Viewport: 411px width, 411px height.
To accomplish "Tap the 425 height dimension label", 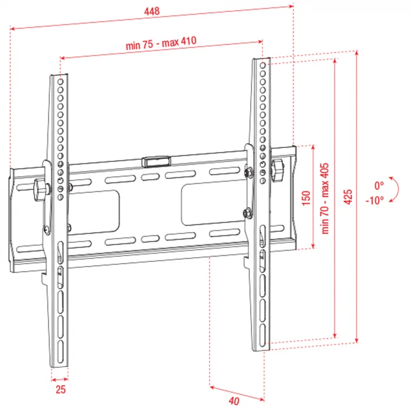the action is point(348,196).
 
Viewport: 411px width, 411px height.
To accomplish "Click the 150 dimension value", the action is point(305,196).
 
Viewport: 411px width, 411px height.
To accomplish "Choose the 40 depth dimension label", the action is point(234,401).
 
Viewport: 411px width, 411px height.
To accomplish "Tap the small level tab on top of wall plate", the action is point(156,159).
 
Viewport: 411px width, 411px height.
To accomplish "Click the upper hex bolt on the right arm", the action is point(248,171).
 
